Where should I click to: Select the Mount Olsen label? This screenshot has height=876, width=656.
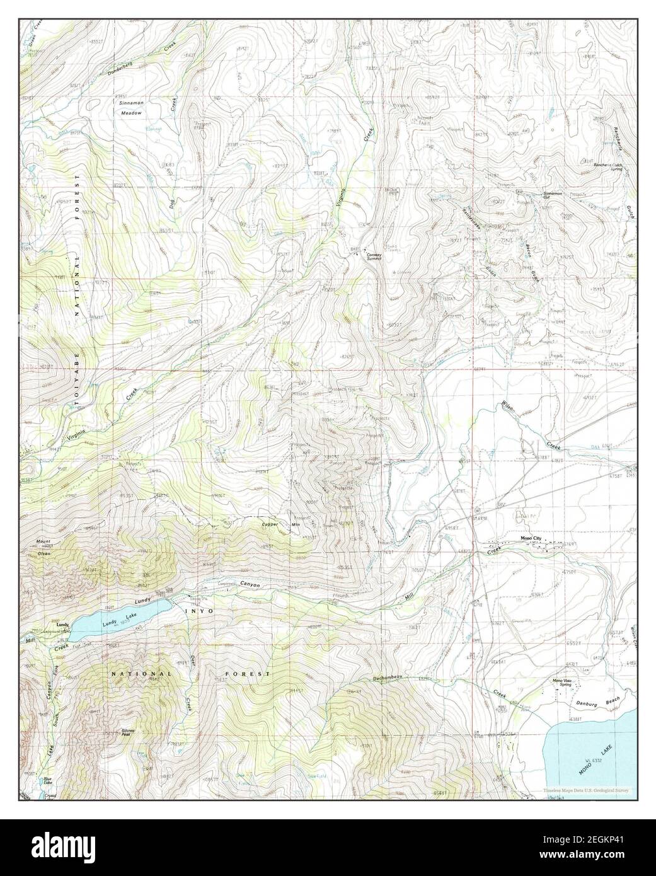(x=43, y=546)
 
